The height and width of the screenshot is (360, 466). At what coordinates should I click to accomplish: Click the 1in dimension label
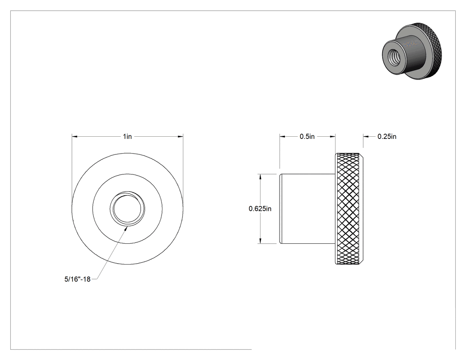127,136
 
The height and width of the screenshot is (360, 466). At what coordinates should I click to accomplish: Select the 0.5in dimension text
307,136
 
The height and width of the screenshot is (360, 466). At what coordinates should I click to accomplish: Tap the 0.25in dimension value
387,136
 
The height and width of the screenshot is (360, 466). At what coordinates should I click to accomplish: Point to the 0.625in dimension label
260,209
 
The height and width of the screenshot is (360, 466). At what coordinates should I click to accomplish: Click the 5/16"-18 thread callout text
77,279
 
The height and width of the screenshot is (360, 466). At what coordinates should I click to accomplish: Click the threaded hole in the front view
127,208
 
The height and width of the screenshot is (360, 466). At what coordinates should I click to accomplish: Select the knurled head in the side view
349,209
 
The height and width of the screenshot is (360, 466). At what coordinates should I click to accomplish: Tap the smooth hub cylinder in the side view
308,209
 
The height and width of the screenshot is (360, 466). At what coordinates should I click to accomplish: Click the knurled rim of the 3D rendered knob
436,47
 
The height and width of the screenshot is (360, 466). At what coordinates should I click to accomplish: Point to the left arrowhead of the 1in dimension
74,136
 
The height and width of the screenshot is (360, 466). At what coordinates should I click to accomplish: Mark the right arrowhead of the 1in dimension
180,136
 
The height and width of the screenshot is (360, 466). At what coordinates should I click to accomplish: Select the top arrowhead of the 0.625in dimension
261,177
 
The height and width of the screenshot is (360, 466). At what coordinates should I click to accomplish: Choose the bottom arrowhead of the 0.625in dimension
261,241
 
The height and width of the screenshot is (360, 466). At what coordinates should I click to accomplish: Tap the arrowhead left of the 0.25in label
366,136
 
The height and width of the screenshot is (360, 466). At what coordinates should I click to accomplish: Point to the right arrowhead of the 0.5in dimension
333,136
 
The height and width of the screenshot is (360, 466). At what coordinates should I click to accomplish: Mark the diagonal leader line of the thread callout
112,253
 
